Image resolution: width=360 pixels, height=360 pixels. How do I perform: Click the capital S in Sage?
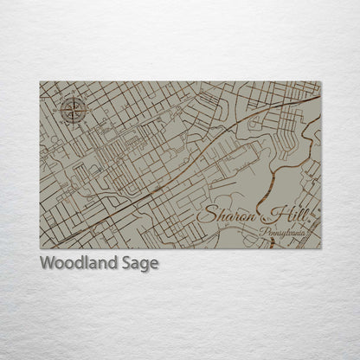point(126,263)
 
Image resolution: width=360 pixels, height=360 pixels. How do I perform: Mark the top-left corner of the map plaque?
point(41,81)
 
